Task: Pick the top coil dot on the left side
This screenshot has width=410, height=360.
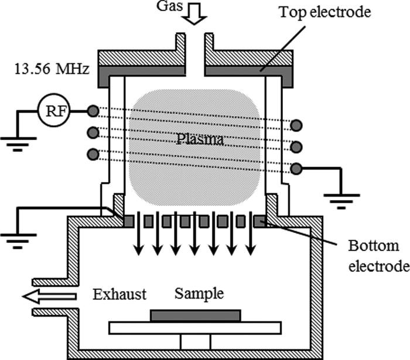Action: [92, 111]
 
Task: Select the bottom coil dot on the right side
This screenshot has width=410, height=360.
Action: [297, 169]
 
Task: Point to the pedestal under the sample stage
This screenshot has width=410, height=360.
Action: [195, 341]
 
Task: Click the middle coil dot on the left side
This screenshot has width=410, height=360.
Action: [92, 132]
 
